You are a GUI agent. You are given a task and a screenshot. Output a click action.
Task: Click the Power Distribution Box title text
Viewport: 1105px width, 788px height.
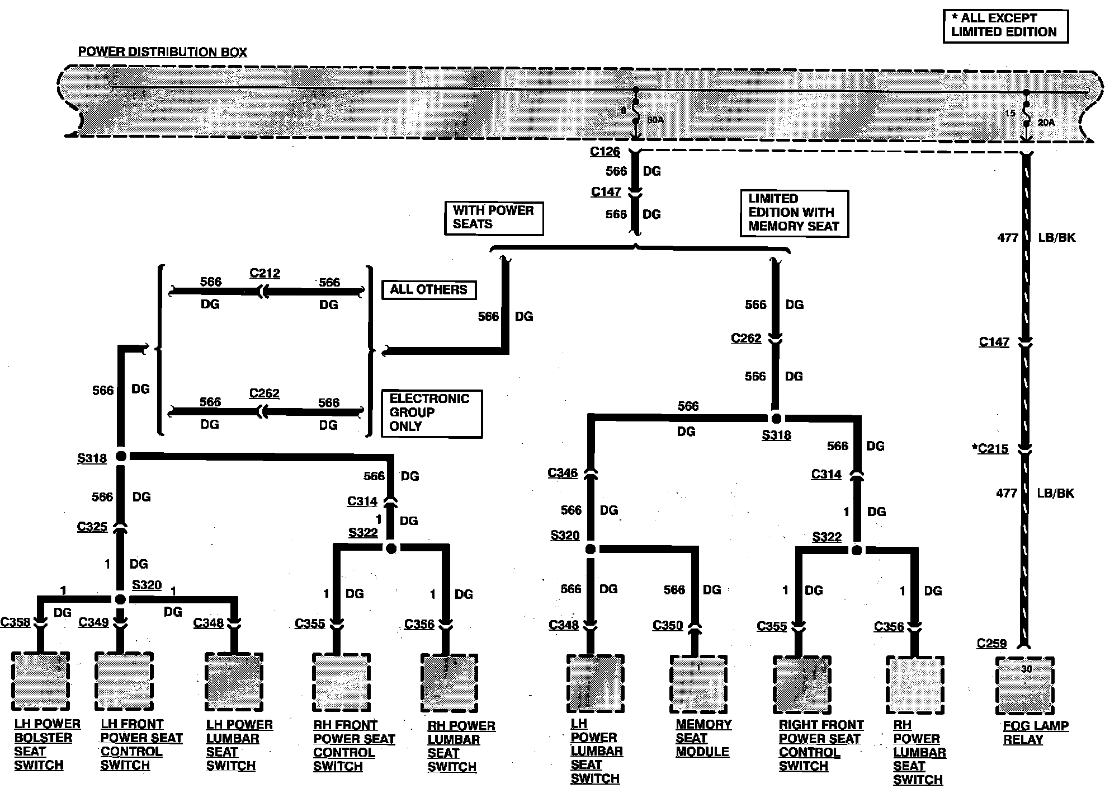click(162, 52)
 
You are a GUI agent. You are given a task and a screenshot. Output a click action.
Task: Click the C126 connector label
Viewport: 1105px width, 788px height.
click(605, 152)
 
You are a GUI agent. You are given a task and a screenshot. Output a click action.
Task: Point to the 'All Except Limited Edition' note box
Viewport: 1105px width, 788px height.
click(1005, 26)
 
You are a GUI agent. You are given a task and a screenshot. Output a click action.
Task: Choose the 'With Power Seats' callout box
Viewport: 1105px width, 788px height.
click(494, 218)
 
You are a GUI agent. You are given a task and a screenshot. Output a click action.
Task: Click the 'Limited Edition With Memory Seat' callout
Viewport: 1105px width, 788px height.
click(794, 213)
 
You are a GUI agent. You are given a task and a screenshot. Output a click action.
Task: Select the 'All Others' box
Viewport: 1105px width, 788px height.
click(428, 290)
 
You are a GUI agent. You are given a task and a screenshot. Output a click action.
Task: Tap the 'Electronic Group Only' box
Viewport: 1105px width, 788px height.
click(431, 413)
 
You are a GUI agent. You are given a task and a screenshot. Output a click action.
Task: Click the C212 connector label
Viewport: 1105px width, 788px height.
click(265, 273)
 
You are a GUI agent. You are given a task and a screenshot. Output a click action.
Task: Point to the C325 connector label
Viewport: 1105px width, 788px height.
click(92, 527)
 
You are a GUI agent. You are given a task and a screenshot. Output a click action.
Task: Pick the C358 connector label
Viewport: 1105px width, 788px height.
click(15, 622)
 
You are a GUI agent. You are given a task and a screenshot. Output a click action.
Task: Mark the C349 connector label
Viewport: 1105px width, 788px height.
click(93, 622)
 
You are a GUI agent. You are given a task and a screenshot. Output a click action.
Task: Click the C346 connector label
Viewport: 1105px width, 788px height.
click(563, 473)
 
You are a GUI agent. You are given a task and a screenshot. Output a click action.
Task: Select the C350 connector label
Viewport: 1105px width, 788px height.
click(668, 625)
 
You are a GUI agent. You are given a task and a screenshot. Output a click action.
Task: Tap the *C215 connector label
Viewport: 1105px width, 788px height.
click(990, 449)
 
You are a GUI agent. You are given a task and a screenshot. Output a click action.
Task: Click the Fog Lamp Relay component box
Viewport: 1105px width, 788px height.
click(1024, 686)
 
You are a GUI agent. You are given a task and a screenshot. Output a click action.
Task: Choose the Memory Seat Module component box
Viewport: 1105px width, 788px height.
click(698, 684)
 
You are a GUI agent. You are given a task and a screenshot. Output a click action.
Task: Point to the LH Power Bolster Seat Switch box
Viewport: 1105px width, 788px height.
click(40, 681)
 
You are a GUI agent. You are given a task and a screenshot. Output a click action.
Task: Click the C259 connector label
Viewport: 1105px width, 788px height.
click(991, 644)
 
